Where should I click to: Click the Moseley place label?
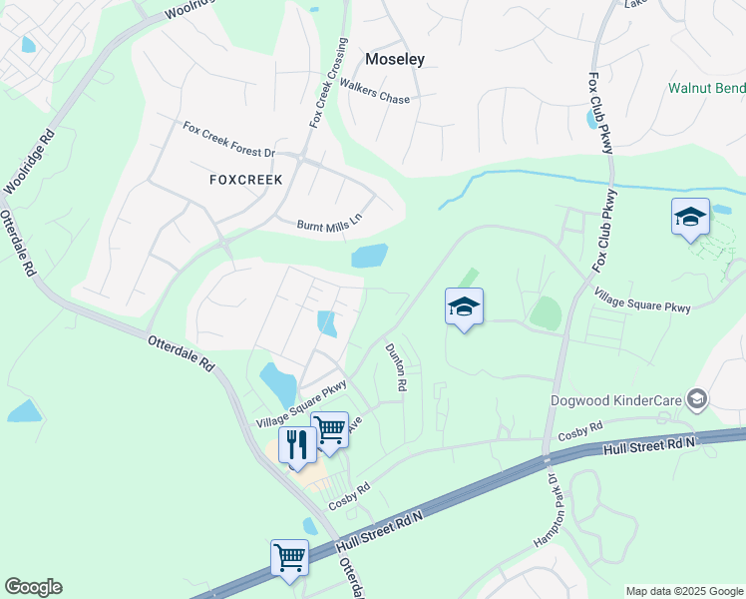(x=395, y=59)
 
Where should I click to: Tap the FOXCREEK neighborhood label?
(x=246, y=180)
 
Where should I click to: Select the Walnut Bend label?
(x=706, y=88)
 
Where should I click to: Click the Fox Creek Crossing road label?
(x=330, y=84)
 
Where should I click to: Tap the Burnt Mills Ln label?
(x=328, y=225)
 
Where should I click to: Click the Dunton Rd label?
(x=395, y=367)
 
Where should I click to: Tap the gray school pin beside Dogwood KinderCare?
(x=697, y=400)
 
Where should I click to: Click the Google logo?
(x=33, y=587)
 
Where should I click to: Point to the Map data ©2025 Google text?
(x=684, y=591)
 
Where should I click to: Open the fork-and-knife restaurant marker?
(x=297, y=445)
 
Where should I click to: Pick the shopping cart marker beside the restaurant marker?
(x=330, y=429)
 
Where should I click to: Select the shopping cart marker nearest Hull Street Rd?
(x=289, y=557)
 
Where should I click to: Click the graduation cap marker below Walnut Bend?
(x=690, y=217)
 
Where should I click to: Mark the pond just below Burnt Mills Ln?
(x=369, y=256)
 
